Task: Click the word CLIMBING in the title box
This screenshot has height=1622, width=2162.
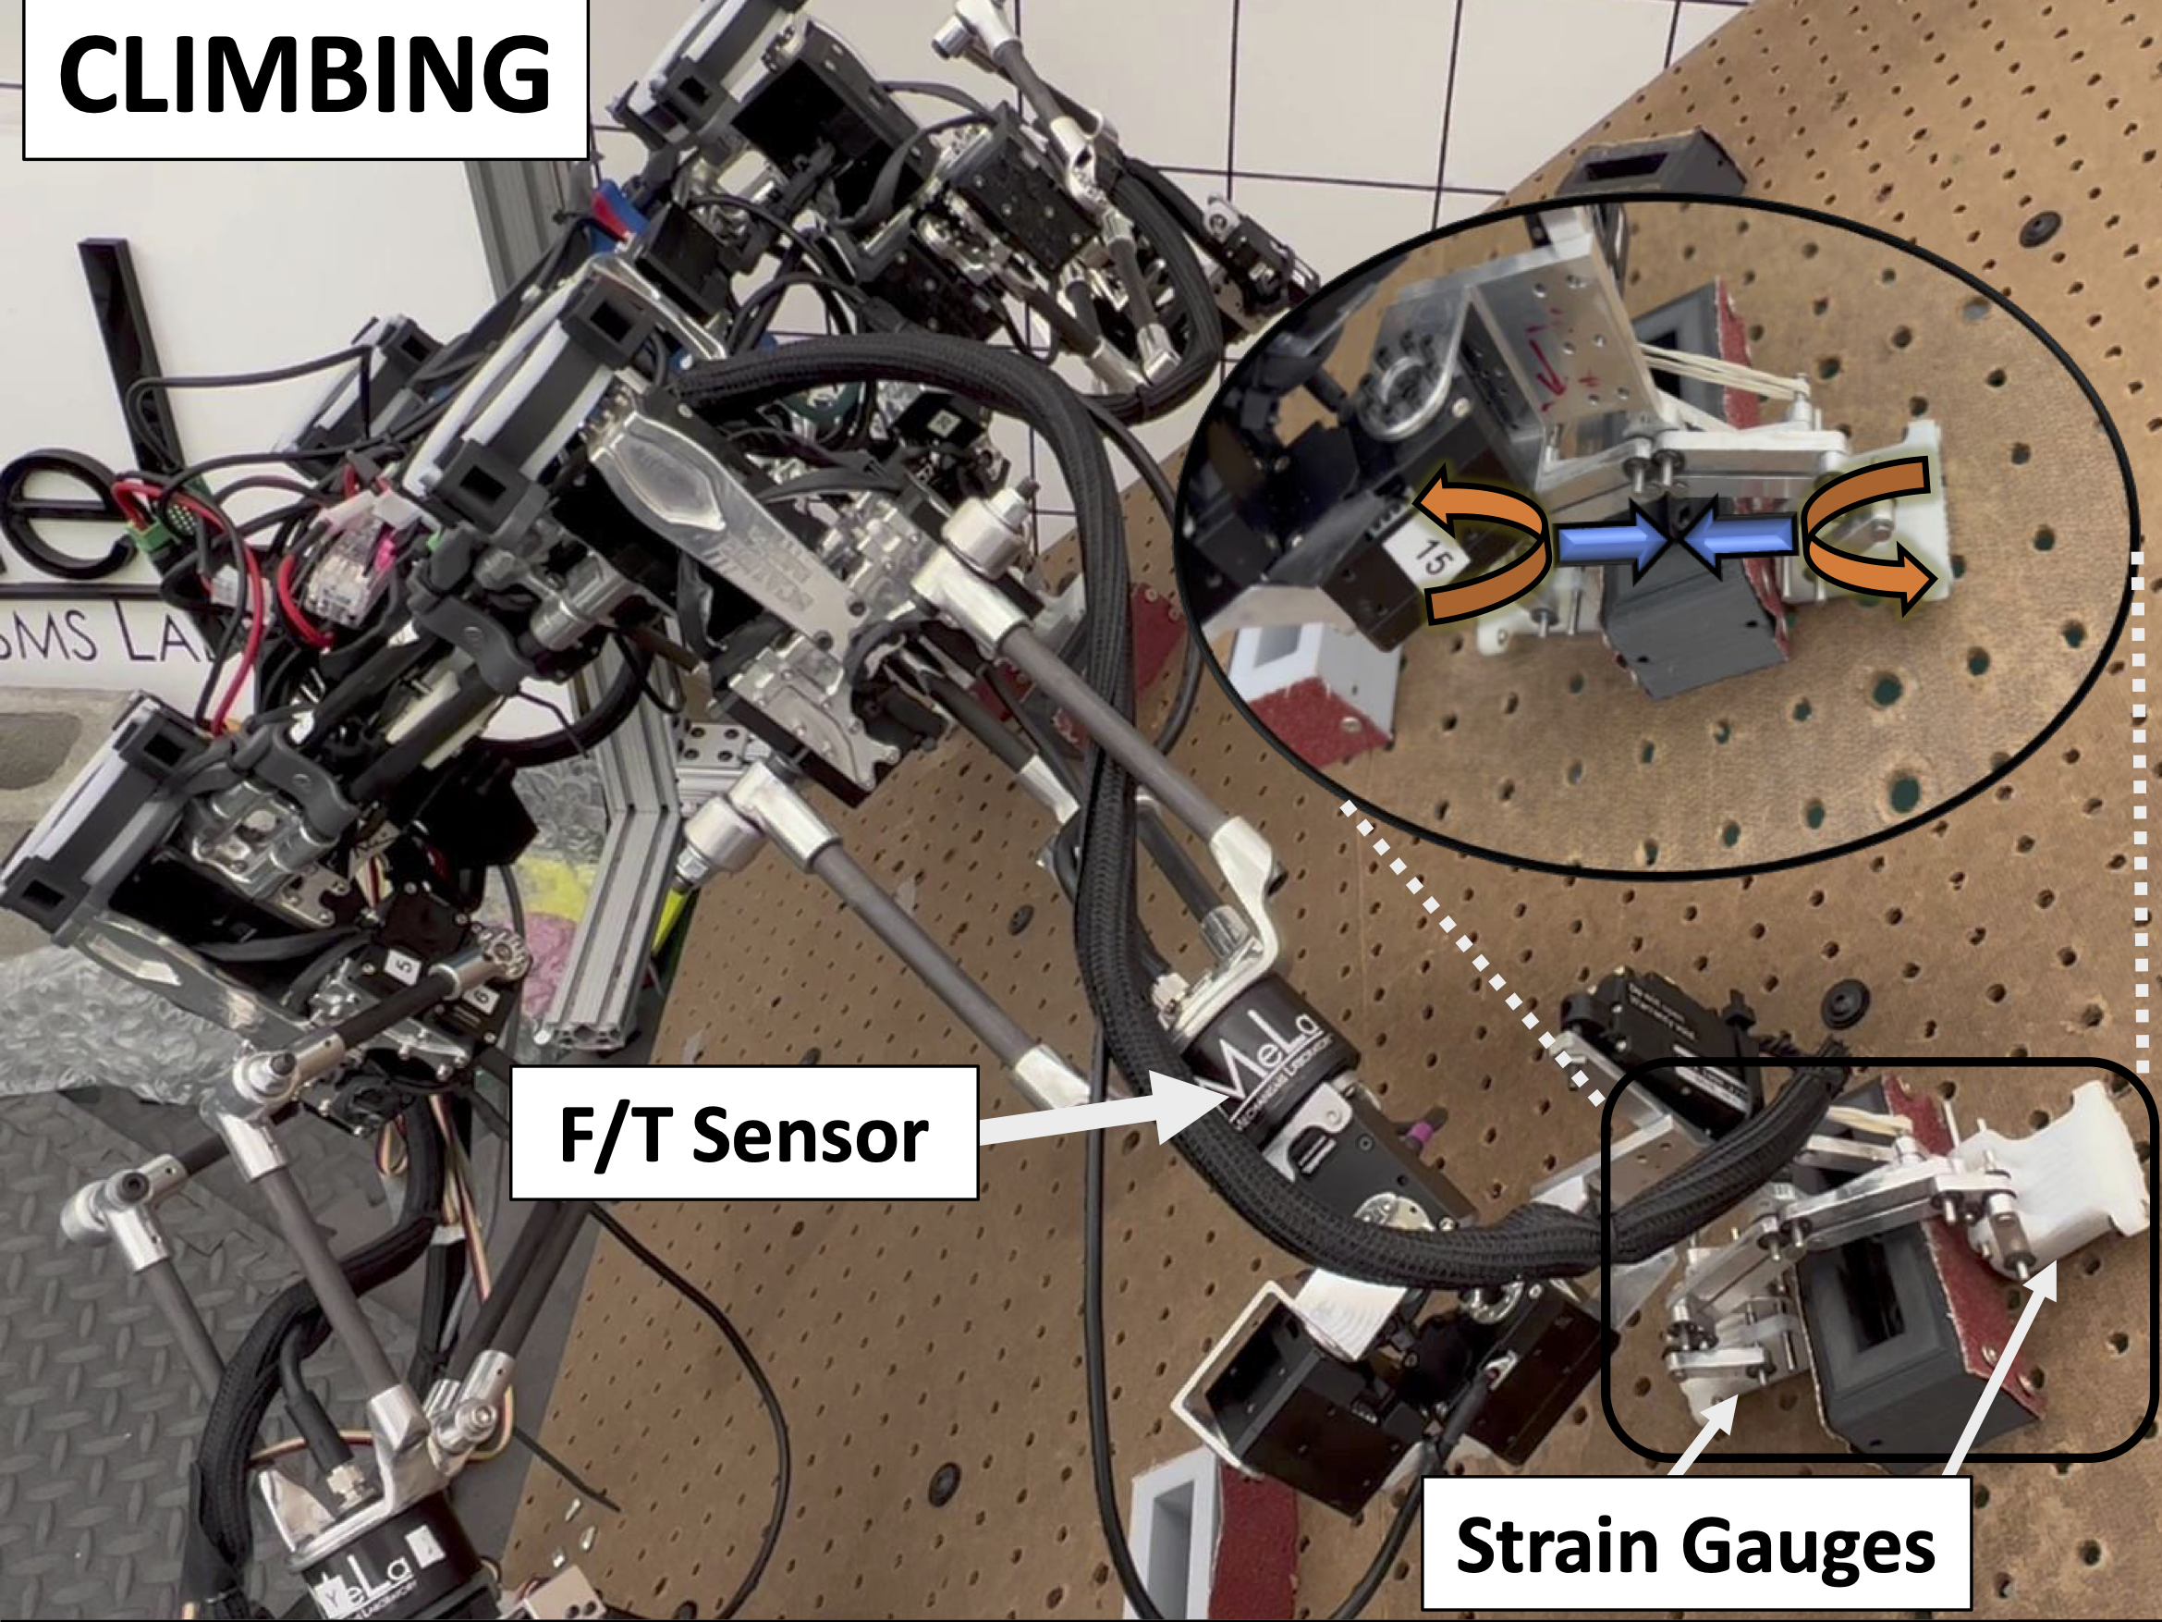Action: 304,75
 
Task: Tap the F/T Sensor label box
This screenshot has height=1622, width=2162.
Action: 743,1134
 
